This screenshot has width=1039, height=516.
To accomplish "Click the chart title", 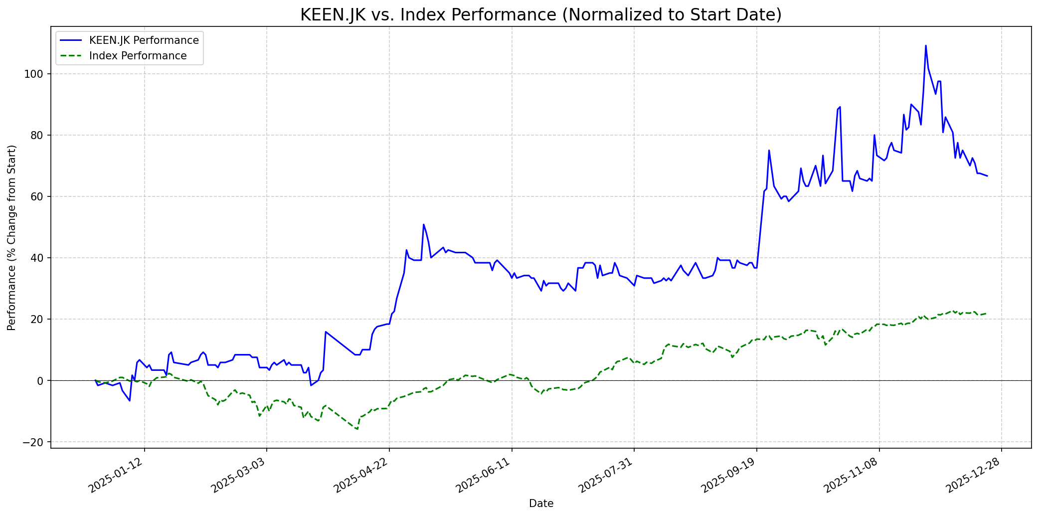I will pos(540,15).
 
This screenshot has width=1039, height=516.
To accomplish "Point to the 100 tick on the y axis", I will pos(35,74).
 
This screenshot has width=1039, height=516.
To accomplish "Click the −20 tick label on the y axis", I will pos(33,442).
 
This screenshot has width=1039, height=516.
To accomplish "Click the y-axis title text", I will pos(12,237).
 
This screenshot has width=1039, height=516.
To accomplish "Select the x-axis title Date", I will pos(541,504).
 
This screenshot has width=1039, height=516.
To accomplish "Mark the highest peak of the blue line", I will pos(926,45).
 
